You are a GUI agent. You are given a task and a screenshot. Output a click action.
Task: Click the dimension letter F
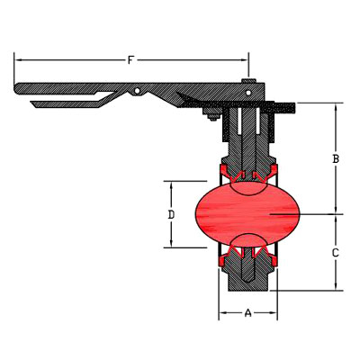130,60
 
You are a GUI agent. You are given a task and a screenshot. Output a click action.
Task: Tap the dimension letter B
336,158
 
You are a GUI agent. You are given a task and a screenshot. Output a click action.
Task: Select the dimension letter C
336,253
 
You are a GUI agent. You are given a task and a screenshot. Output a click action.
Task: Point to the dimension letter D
171,215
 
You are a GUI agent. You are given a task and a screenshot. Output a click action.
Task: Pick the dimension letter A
247,313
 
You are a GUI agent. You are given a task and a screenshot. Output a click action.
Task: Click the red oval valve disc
247,214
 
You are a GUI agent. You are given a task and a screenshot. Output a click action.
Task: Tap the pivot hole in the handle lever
137,90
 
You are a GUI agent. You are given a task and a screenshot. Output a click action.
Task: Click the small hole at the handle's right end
248,93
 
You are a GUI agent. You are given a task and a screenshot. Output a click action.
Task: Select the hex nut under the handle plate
212,114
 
